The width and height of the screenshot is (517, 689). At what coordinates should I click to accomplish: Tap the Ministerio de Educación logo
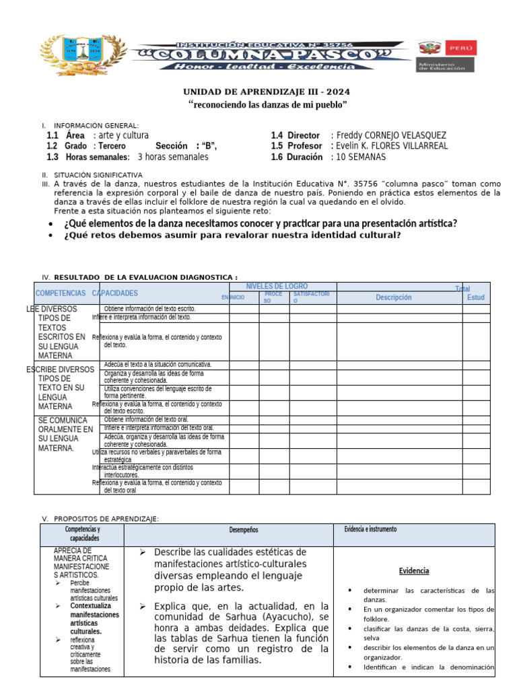(x=446, y=56)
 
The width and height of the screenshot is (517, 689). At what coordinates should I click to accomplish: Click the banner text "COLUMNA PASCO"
(x=270, y=53)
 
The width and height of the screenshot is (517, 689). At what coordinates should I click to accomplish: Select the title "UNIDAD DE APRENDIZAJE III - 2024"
(x=267, y=92)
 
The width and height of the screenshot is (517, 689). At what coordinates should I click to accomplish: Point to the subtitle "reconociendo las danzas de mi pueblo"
(x=267, y=105)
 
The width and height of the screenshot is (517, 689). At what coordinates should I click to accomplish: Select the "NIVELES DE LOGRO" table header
(x=277, y=287)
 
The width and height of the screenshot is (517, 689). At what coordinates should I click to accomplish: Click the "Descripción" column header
(x=394, y=297)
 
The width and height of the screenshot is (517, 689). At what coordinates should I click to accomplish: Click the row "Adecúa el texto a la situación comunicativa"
(x=158, y=364)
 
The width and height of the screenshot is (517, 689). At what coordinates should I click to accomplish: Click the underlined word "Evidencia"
(x=414, y=571)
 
